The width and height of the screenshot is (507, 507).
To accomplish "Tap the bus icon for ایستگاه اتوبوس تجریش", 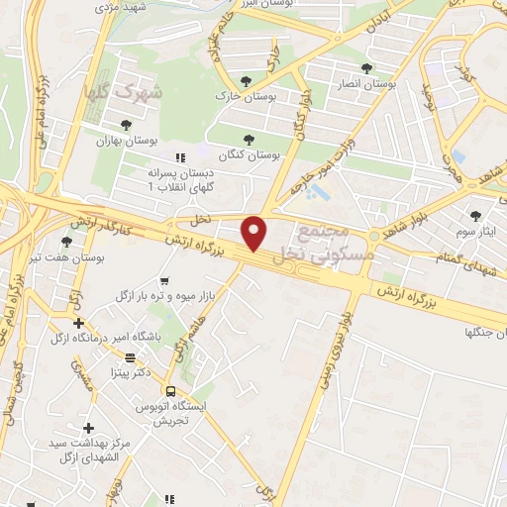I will click(x=170, y=392).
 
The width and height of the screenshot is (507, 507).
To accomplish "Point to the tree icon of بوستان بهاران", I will click(x=126, y=125).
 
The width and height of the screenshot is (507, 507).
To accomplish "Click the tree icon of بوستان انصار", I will click(x=366, y=68).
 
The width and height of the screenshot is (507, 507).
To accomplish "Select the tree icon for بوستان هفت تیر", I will click(x=66, y=241).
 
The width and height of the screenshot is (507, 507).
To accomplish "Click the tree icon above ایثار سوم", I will click(x=475, y=214).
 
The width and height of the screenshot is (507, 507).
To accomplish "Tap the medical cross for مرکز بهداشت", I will click(x=89, y=428).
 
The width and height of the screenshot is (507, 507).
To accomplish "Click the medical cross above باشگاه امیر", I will click(x=78, y=323).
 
